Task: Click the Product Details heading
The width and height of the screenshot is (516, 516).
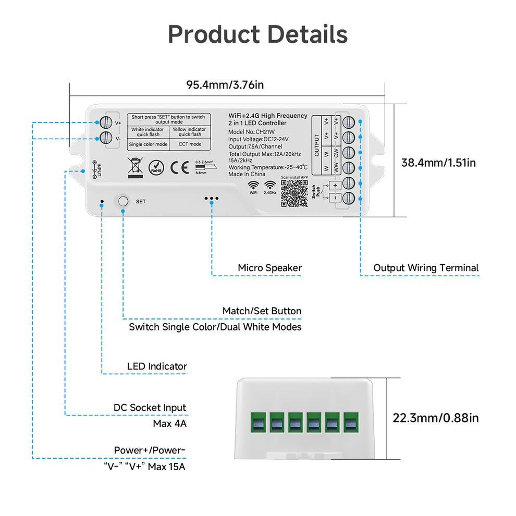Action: [257, 35]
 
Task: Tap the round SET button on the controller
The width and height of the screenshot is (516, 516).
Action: [123, 201]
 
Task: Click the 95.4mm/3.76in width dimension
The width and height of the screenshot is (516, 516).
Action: [225, 85]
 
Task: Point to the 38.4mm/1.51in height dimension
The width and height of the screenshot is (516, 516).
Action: [438, 163]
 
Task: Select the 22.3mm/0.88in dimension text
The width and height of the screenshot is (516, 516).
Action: [436, 417]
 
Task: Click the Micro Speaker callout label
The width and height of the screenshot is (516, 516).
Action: [269, 268]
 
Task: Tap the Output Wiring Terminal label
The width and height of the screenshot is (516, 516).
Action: [425, 268]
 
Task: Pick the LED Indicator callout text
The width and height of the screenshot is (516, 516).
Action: [157, 366]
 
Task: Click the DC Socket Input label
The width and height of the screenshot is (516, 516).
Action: [150, 408]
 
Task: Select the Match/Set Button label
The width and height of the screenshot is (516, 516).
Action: [262, 311]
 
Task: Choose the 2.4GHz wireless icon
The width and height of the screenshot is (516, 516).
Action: [270, 187]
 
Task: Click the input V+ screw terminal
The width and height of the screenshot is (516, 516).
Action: [105, 123]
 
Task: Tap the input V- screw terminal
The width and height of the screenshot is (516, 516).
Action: [105, 139]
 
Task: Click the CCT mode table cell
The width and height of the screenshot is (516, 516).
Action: [190, 144]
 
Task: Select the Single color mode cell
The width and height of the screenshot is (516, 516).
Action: [148, 144]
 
